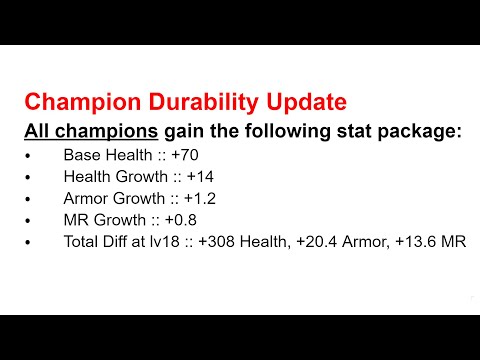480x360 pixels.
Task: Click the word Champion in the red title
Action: click(x=76, y=102)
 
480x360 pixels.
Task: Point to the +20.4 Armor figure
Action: click(x=346, y=241)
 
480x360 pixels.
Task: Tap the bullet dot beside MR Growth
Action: click(x=30, y=220)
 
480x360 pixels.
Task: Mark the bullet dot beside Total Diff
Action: click(x=30, y=242)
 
